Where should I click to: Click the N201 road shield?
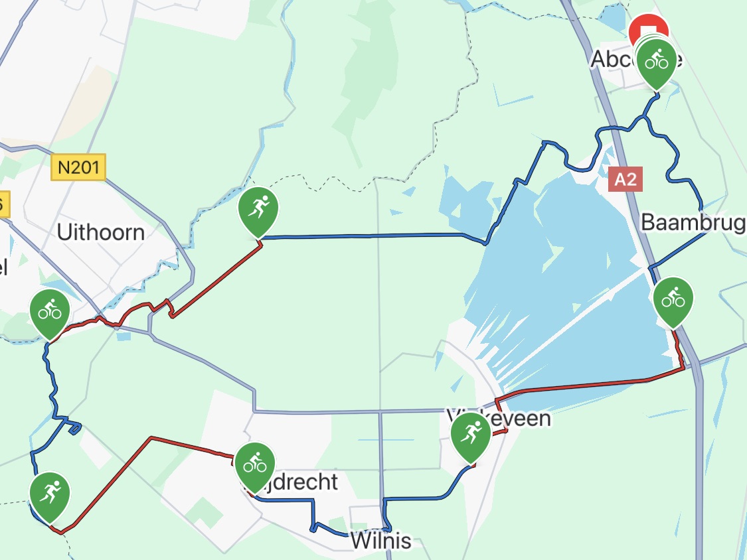point(78,167)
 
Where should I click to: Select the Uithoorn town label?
point(100,233)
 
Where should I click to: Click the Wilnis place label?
point(380,541)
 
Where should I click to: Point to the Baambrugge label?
point(693,223)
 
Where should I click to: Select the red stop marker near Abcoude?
point(649,30)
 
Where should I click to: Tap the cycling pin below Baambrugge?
point(673,299)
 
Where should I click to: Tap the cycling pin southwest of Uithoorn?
point(50,311)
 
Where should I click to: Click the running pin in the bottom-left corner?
point(50,494)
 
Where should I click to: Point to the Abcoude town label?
point(611,60)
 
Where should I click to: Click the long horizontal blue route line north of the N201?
point(372,236)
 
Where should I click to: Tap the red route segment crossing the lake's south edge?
point(578,386)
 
